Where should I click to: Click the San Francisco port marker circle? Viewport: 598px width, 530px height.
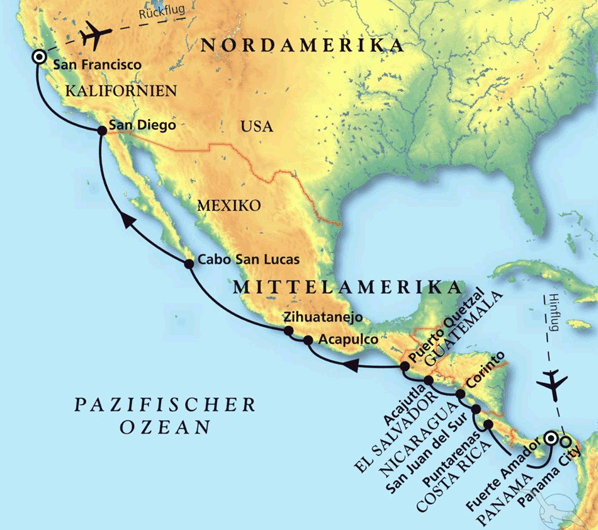38,57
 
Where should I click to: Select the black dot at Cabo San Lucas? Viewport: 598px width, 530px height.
189,263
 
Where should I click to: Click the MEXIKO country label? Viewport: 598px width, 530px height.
229,204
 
